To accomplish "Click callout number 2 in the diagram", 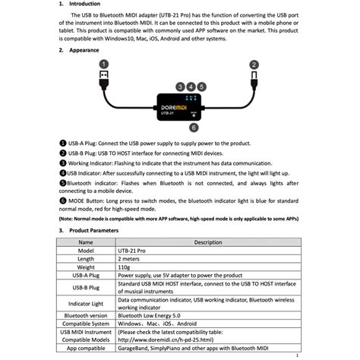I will click(254, 65).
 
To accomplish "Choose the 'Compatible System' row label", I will click(86, 323).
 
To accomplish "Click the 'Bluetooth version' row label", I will click(86, 314).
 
